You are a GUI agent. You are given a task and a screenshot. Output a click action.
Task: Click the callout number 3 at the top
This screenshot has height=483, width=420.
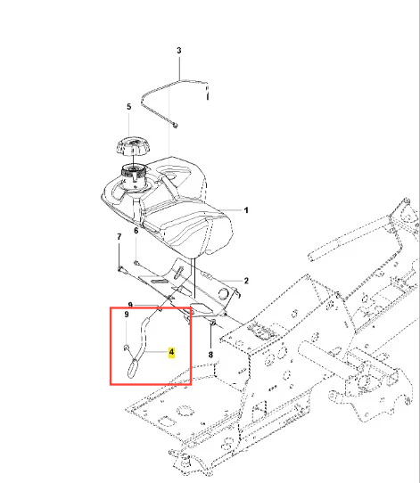tap(179, 50)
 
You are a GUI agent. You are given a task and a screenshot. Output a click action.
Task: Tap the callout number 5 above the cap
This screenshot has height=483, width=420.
tap(128, 107)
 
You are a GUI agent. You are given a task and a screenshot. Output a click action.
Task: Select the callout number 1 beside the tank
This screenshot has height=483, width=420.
tap(246, 210)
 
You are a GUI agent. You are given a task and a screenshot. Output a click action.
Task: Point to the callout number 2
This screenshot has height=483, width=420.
tap(246, 281)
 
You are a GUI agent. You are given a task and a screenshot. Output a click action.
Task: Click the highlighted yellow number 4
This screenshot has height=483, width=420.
tap(171, 352)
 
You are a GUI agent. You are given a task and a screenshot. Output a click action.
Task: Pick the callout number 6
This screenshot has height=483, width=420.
tap(136, 231)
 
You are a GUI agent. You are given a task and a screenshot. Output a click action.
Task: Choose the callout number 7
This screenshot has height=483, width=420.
tap(119, 237)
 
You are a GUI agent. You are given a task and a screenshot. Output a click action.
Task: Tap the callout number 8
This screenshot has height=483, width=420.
tap(210, 355)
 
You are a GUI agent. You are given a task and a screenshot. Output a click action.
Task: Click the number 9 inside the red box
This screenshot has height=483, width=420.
tap(127, 315)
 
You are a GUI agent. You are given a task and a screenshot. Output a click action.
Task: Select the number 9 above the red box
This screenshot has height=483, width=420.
tap(130, 305)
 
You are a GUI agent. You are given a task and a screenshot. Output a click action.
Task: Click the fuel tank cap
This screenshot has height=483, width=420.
tap(133, 147)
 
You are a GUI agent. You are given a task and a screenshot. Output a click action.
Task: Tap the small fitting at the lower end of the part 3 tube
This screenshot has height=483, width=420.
tap(175, 126)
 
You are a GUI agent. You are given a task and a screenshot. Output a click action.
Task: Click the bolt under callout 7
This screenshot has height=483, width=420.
tap(121, 269)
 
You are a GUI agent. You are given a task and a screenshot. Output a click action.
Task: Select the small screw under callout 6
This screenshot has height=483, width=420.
tap(136, 263)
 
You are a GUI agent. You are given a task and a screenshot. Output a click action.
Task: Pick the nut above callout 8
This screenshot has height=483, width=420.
tap(212, 323)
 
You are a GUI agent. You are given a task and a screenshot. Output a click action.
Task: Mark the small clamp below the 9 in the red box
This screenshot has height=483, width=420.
tap(127, 348)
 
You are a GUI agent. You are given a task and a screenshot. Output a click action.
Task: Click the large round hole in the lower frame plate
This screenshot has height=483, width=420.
tap(185, 410)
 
